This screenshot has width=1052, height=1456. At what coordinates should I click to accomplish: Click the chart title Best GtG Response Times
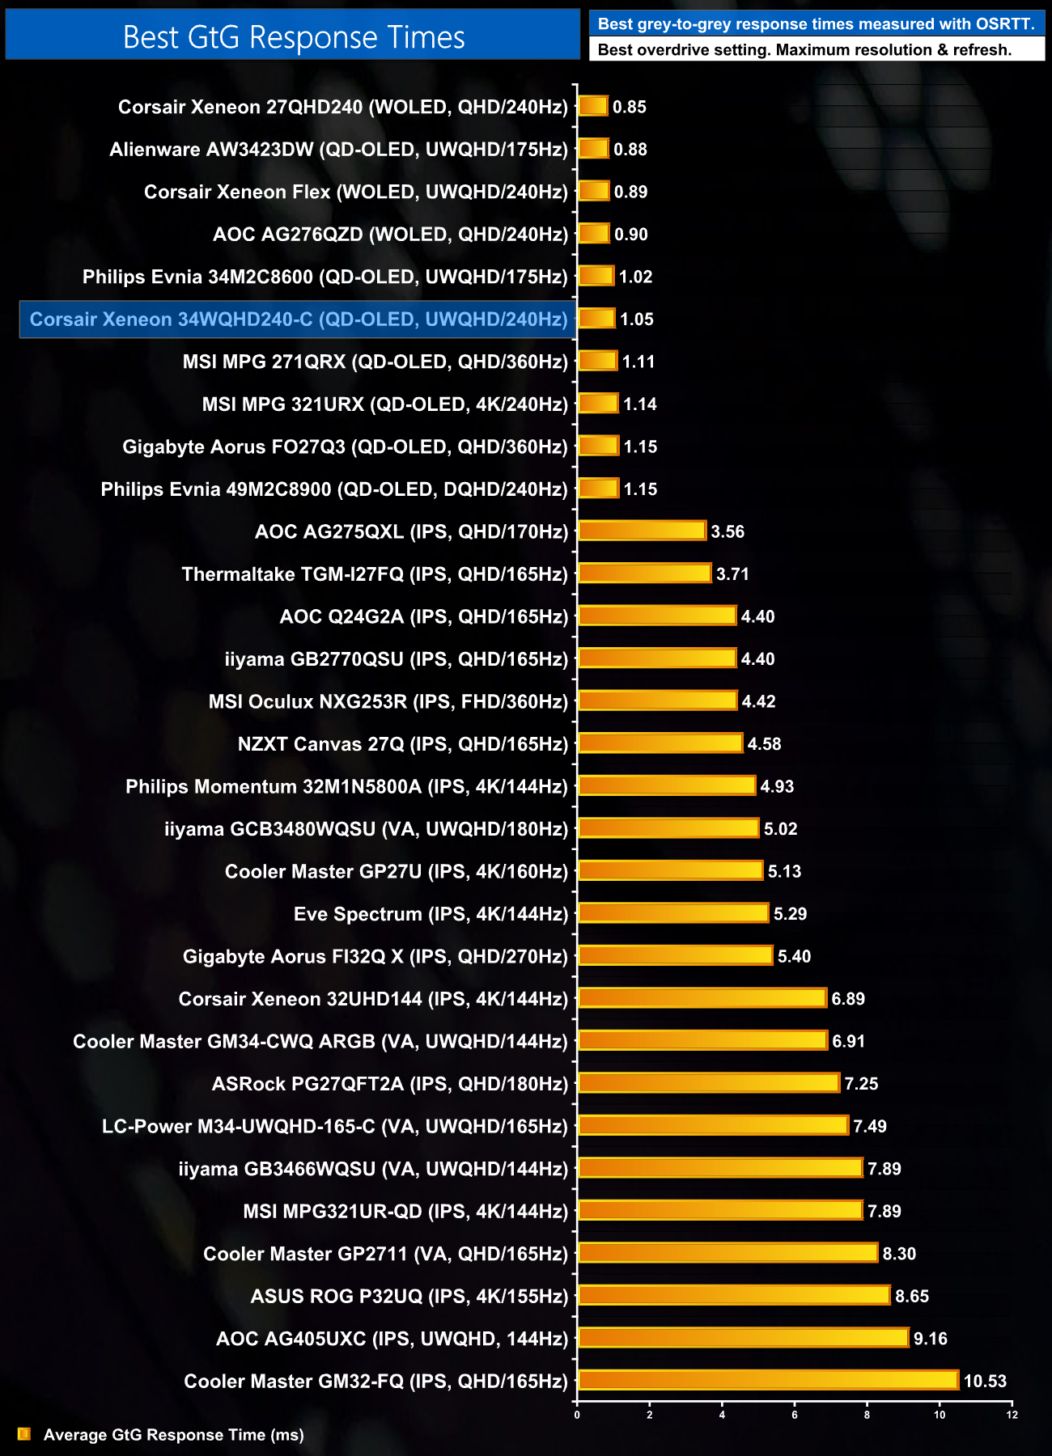coord(293,37)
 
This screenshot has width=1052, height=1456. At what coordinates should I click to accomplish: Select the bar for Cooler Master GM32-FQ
coord(769,1380)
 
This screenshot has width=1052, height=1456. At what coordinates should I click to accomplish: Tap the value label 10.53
coord(985,1381)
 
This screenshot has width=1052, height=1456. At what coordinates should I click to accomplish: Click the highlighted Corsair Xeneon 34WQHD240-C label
coord(298,320)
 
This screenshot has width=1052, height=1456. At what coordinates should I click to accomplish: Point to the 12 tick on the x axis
coord(1012,1415)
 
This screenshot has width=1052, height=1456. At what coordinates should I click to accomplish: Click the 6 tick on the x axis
coord(795,1415)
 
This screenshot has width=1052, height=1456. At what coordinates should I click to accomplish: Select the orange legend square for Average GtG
coord(24,1434)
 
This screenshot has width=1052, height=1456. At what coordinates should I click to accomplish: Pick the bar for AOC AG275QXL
coord(642,531)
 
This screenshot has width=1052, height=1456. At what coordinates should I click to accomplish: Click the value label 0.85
coord(630,107)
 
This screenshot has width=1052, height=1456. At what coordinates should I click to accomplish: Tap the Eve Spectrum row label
coord(431,914)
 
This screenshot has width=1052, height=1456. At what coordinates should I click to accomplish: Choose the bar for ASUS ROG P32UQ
coord(735,1295)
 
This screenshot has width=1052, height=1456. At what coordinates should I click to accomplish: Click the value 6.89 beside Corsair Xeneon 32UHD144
coord(848,999)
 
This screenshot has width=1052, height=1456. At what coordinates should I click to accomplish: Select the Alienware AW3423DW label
coord(338,150)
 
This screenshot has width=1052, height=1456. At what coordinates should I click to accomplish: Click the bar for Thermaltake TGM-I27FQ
coord(645,574)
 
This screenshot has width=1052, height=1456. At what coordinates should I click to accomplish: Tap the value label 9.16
coord(930,1339)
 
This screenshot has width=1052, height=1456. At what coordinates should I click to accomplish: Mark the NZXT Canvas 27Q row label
coord(402,744)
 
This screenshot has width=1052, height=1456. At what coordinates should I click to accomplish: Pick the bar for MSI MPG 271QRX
coord(598,361)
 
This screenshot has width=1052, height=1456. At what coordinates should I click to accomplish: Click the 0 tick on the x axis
coord(577,1415)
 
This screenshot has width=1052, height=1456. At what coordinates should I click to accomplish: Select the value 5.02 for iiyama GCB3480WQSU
coord(780,829)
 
